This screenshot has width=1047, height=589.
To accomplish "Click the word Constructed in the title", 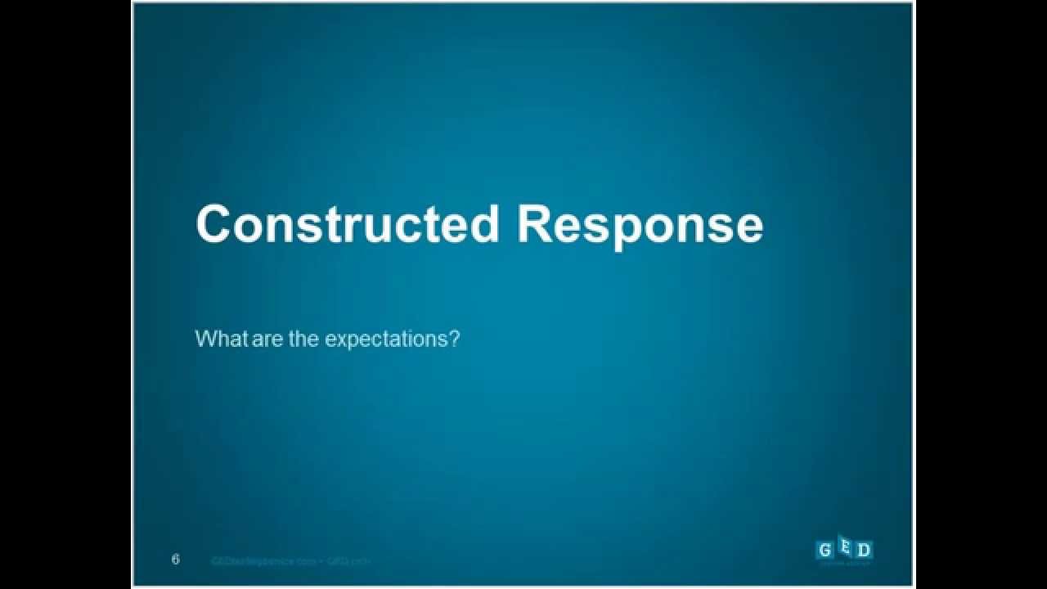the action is [x=347, y=225].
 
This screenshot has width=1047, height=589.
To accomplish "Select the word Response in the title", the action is [x=640, y=225].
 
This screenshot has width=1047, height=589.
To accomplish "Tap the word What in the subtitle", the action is [x=222, y=339].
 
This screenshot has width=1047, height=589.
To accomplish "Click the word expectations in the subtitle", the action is [x=386, y=339].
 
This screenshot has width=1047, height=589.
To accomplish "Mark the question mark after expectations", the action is [x=456, y=339].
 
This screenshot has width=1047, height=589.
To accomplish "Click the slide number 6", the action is [x=176, y=560].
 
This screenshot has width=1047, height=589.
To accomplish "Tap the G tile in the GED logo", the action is [x=825, y=550].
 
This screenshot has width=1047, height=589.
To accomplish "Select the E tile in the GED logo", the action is [x=844, y=546].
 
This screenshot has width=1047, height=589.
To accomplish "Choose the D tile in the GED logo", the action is [x=864, y=550].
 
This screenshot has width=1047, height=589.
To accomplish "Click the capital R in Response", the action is [x=536, y=225].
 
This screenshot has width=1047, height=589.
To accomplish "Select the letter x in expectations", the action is [x=342, y=339].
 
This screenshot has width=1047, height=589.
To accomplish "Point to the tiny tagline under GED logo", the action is [x=846, y=562].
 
